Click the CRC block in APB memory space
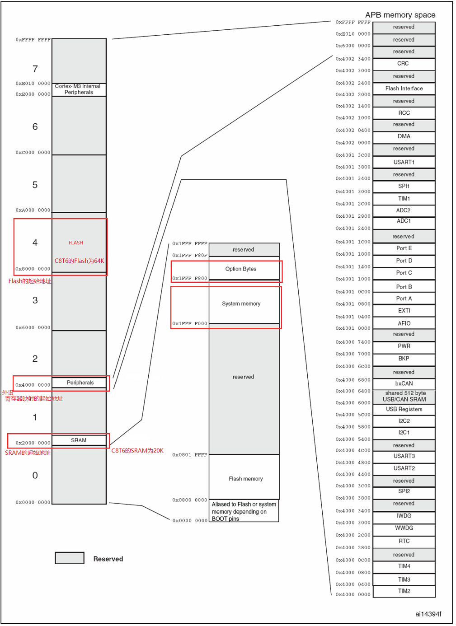click(404, 64)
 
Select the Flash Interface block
click(404, 89)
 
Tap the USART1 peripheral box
click(404, 162)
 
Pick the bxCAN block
click(404, 383)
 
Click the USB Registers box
click(404, 409)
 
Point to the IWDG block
click(404, 516)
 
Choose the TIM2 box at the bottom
click(404, 591)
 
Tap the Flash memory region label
click(245, 479)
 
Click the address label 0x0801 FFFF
click(189, 455)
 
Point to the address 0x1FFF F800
click(189, 278)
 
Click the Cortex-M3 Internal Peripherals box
click(79, 89)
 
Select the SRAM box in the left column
click(79, 440)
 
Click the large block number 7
click(35, 69)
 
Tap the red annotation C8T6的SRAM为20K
click(137, 451)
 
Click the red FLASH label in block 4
click(76, 243)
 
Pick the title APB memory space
click(400, 15)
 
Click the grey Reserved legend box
click(70, 558)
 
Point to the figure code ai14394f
click(428, 614)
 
